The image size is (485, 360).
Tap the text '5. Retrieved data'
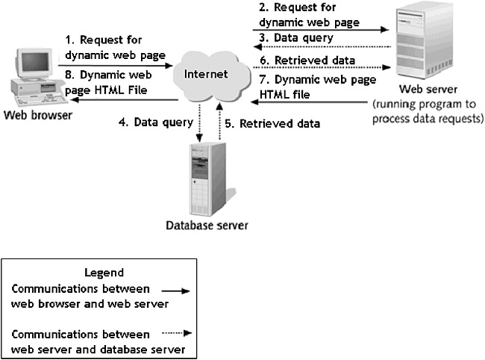coord(273,123)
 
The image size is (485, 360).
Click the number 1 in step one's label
coord(69,40)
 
